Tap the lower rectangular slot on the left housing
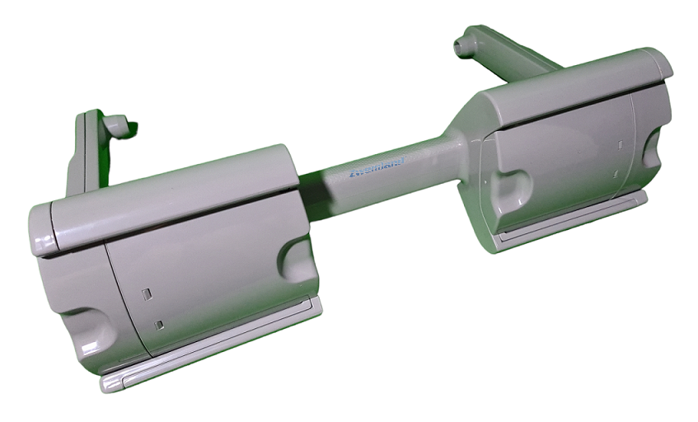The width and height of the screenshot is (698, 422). (x=159, y=324)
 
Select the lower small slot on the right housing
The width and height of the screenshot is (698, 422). (x=616, y=173)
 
